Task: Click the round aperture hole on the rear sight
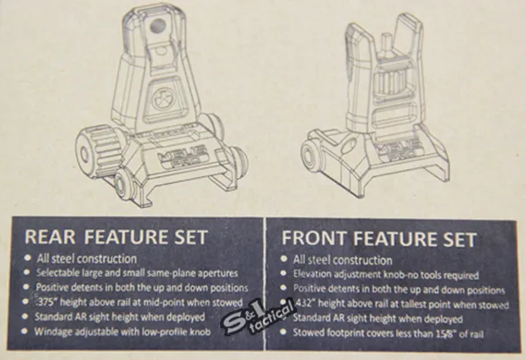coord(157,25)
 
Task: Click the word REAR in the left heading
coord(50,236)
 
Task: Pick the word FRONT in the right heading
coord(314,238)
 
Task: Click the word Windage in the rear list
coord(53,332)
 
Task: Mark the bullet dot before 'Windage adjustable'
coord(25,331)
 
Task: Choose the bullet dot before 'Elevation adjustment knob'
coord(284,273)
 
